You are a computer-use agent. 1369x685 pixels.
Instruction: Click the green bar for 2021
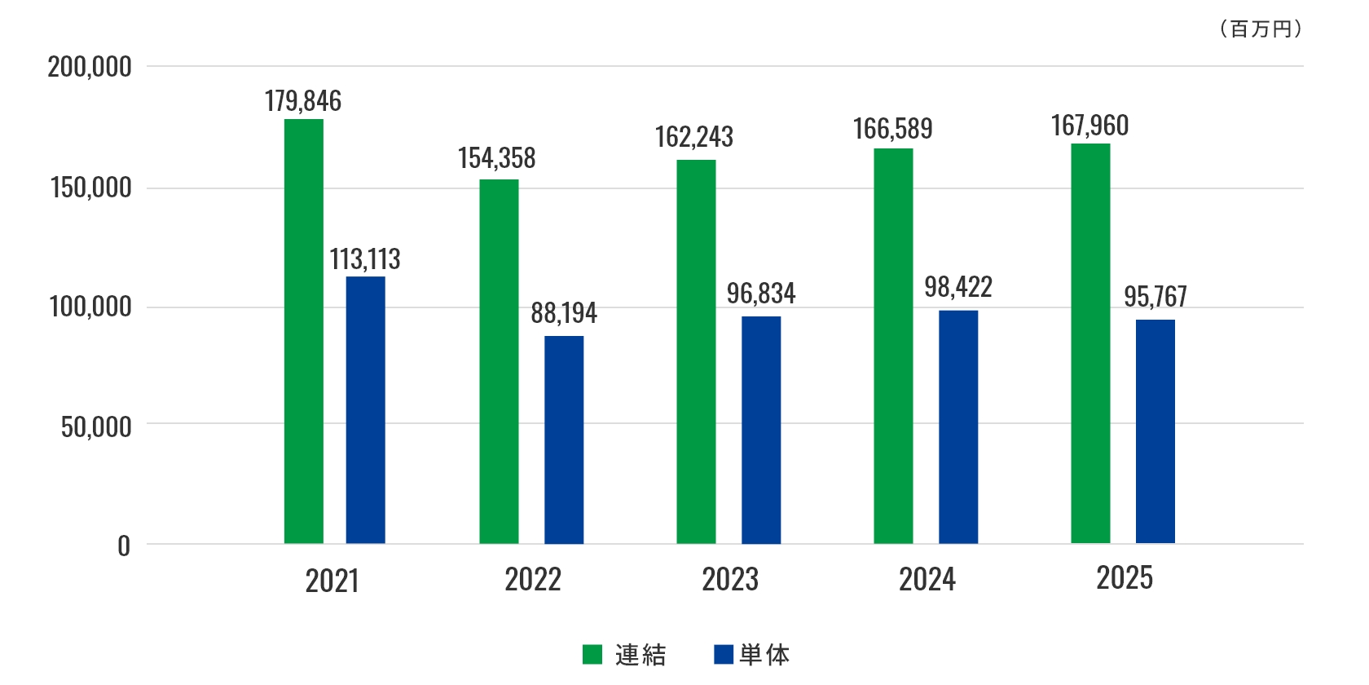tap(303, 331)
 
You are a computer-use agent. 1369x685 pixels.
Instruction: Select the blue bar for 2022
tap(564, 440)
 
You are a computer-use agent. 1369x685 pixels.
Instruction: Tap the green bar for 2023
tap(696, 351)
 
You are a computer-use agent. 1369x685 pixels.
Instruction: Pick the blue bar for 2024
tap(958, 426)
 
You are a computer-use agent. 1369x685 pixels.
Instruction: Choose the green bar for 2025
tap(1090, 343)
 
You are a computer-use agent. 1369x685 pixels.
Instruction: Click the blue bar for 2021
tap(365, 410)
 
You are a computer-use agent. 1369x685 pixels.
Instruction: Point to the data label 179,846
tap(303, 101)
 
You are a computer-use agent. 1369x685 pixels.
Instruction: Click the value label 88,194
tap(564, 313)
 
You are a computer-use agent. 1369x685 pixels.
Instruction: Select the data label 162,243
tap(694, 137)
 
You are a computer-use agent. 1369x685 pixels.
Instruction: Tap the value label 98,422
tap(958, 287)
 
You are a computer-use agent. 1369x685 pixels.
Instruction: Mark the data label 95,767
tap(1156, 297)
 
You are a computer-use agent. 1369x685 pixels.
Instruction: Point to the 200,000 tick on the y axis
tap(90, 67)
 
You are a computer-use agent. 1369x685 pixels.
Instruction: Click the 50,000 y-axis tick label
tap(96, 426)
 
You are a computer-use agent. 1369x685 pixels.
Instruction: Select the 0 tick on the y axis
tap(124, 546)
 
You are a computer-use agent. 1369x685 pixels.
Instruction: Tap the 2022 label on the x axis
tap(533, 580)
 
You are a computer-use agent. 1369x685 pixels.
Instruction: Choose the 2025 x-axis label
tap(1125, 578)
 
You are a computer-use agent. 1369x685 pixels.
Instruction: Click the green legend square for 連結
tap(592, 654)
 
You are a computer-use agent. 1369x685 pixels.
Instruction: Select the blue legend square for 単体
tap(724, 654)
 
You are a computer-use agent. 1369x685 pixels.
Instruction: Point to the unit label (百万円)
tap(1261, 29)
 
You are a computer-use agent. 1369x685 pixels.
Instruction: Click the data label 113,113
tap(365, 259)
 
